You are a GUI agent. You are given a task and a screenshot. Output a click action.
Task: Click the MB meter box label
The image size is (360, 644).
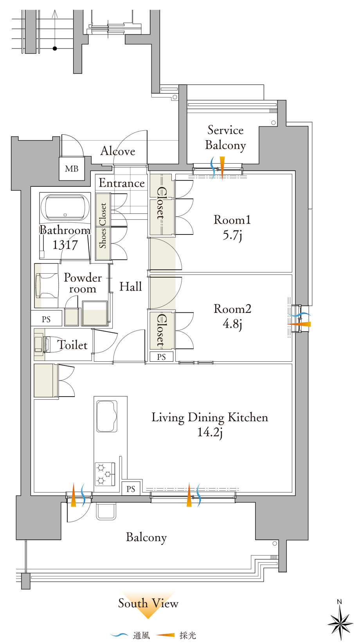tap(72, 169)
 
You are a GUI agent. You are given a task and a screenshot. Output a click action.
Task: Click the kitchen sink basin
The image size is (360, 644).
tap(106, 416)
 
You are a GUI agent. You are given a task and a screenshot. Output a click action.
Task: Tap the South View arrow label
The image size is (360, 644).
tap(148, 603)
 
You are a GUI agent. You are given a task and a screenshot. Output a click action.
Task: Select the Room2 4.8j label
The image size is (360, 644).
tap(232, 316)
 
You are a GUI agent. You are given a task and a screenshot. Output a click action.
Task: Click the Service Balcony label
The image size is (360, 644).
tap(225, 138)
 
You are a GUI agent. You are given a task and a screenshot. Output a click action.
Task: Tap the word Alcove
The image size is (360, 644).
tap(117, 151)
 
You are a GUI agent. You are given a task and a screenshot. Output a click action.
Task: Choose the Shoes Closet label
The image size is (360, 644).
tap(103, 225)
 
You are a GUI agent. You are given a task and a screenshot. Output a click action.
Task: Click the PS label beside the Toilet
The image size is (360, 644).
tap(46, 319)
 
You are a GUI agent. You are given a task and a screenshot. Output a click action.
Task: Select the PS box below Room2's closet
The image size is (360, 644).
tap(162, 357)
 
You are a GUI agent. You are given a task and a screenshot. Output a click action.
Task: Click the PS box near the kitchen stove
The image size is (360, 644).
tap(131, 489)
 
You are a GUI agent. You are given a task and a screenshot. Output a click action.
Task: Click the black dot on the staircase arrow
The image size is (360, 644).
tap(55, 48)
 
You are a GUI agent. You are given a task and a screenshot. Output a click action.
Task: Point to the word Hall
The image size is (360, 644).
tap(131, 287)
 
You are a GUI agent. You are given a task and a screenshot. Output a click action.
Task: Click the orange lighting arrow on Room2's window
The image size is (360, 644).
tap(299, 324)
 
